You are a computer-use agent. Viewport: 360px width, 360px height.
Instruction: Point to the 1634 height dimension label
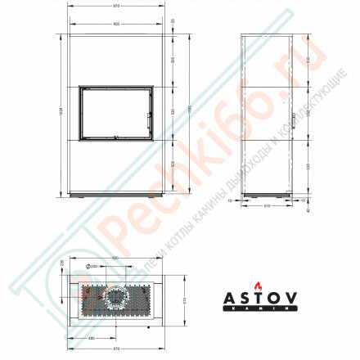(61, 112)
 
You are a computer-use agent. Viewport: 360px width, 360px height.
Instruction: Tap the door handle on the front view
(148, 119)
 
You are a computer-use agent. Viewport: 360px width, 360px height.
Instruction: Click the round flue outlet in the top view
(117, 299)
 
